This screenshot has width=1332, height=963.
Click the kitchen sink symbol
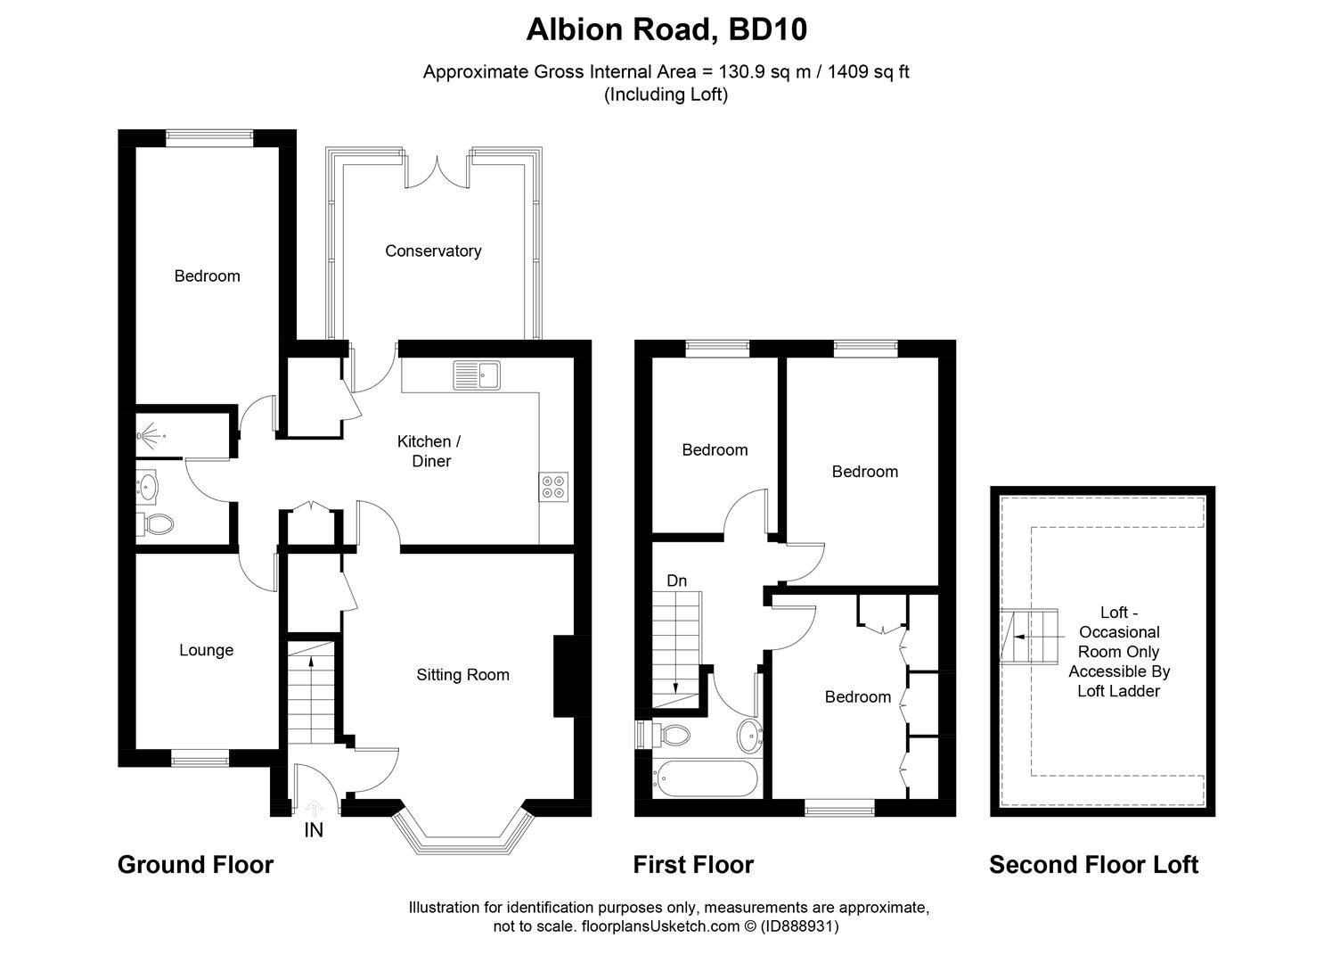(x=478, y=374)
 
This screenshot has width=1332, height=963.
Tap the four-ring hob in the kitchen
(x=552, y=485)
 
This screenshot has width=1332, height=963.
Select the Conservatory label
(x=433, y=251)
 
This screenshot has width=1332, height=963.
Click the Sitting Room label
(x=463, y=675)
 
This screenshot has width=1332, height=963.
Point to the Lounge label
(x=206, y=650)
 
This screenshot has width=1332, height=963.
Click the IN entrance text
(x=314, y=830)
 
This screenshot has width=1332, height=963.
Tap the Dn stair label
(x=677, y=580)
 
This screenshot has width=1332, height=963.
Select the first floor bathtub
(x=706, y=778)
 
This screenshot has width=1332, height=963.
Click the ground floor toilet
(x=156, y=524)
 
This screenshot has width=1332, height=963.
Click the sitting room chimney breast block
(x=564, y=676)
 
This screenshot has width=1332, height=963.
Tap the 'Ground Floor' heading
(x=195, y=865)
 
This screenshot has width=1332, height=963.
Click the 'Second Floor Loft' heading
(x=1093, y=865)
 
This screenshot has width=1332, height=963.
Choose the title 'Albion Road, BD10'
(x=666, y=30)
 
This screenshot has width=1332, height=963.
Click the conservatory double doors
(x=437, y=171)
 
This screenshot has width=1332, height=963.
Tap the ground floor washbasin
(x=147, y=487)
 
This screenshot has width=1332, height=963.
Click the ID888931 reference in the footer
(x=800, y=926)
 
